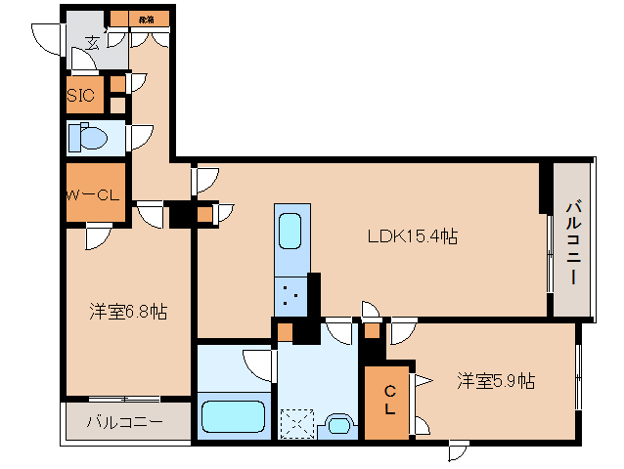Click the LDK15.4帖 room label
pyautogui.click(x=413, y=235)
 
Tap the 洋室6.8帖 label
pyautogui.click(x=128, y=312)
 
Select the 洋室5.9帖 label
pyautogui.click(x=496, y=380)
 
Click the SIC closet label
pyautogui.click(x=80, y=96)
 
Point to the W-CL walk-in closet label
pyautogui.click(x=92, y=194)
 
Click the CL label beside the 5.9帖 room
pyautogui.click(x=387, y=400)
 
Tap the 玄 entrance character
pyautogui.click(x=93, y=42)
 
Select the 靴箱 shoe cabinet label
pyautogui.click(x=146, y=18)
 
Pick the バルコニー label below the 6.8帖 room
pyautogui.click(x=124, y=423)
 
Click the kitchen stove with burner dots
pyautogui.click(x=290, y=292)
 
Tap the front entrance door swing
pyautogui.click(x=47, y=37)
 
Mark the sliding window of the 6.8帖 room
pyautogui.click(x=124, y=399)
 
